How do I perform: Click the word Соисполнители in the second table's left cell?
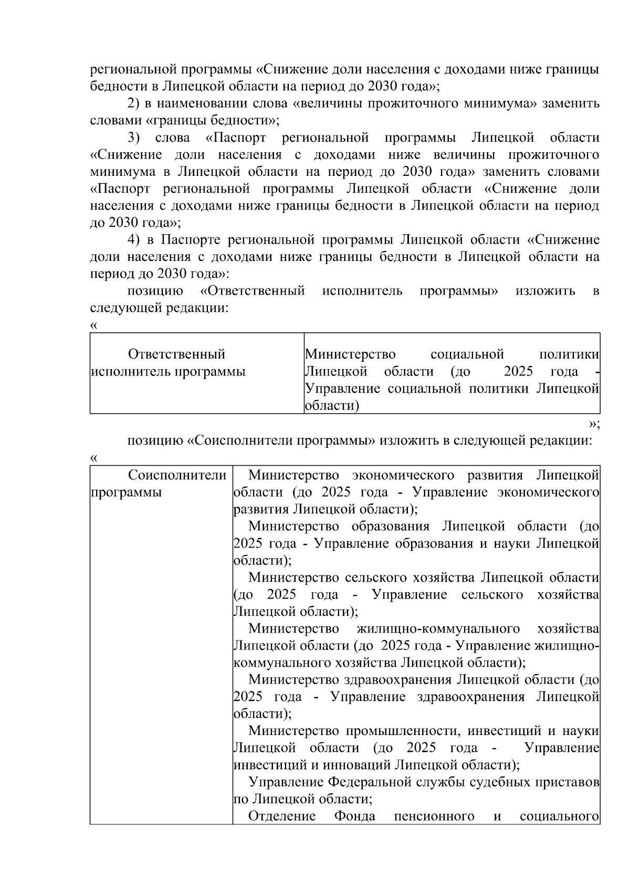coord(177,476)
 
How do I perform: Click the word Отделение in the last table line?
coord(282,816)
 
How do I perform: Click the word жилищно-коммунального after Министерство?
coord(438,629)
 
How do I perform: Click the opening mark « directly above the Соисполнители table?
coord(93,458)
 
